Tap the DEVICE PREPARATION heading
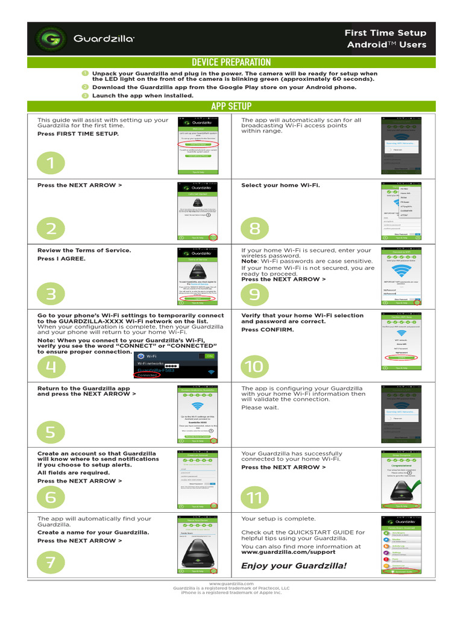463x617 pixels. coord(231,62)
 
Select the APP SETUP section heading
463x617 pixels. coord(231,107)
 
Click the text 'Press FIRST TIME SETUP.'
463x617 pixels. coord(78,134)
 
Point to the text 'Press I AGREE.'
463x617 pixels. coord(61,258)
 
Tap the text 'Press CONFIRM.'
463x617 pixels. coord(268,330)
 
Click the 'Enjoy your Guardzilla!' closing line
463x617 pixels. coord(294,565)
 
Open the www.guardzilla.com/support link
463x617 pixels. coord(288,552)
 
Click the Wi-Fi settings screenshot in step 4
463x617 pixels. coord(175,365)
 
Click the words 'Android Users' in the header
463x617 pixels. coord(386,45)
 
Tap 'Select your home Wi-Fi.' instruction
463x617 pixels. coord(280,185)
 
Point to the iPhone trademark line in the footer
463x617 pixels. coord(231,593)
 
